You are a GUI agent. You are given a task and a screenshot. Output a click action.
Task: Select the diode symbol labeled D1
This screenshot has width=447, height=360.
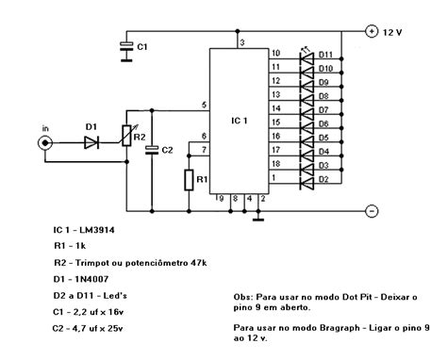tap(90, 142)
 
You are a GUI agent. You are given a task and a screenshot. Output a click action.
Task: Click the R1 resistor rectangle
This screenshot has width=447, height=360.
tap(189, 179)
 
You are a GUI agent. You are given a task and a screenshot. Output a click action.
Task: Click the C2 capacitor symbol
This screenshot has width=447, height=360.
tap(152, 148)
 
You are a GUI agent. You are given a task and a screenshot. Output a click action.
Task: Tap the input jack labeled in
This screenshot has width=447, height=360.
tap(42, 142)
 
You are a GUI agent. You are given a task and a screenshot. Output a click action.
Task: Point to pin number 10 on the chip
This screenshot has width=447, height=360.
tap(275, 54)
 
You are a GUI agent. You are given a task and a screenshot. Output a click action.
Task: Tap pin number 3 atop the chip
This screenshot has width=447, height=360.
tap(242, 43)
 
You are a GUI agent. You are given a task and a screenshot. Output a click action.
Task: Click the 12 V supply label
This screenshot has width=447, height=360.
tap(393, 31)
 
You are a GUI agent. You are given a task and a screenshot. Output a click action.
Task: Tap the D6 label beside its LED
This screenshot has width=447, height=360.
tap(323, 123)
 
